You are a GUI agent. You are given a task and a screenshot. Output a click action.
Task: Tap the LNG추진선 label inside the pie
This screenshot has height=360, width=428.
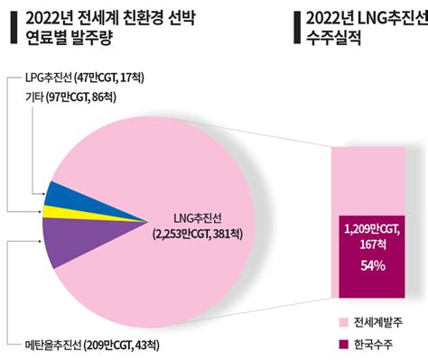pos(200,218)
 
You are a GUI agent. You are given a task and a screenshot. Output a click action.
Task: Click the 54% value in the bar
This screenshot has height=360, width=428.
pos(372,266)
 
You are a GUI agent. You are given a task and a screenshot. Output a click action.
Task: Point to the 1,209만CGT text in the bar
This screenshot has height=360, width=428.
pos(372,228)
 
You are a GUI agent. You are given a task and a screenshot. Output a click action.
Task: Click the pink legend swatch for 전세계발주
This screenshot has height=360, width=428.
pos(342,322)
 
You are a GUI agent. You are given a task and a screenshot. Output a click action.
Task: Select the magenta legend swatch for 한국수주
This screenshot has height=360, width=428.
pos(342,344)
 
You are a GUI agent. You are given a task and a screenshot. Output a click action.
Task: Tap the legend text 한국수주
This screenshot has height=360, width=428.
pos(377,344)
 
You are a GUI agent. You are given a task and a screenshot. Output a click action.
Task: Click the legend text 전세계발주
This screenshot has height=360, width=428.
pos(381,322)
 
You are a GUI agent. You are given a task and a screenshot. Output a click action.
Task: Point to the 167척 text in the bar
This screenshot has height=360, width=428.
pos(372,245)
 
